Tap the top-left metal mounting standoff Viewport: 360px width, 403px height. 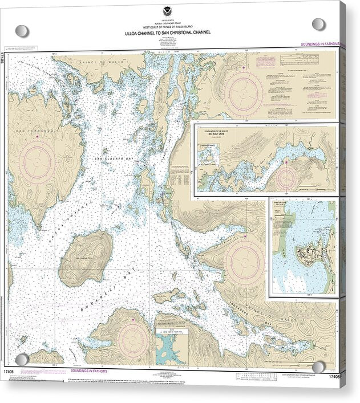(x=22, y=31)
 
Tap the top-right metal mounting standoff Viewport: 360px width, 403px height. (x=318, y=25)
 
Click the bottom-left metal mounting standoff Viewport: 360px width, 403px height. (x=22, y=359)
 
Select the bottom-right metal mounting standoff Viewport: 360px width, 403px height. (x=318, y=367)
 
